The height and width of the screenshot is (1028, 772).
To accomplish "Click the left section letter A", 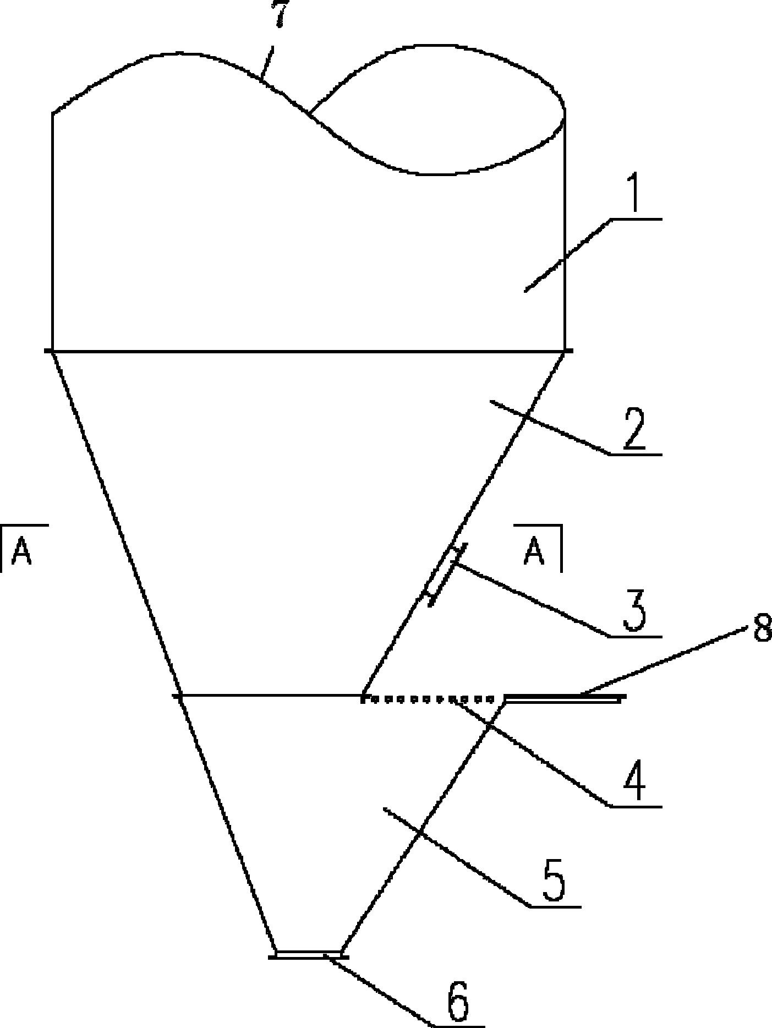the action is point(22,551).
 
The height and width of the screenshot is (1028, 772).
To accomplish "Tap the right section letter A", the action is point(534,551).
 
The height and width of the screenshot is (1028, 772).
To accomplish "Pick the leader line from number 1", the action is point(568,255).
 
